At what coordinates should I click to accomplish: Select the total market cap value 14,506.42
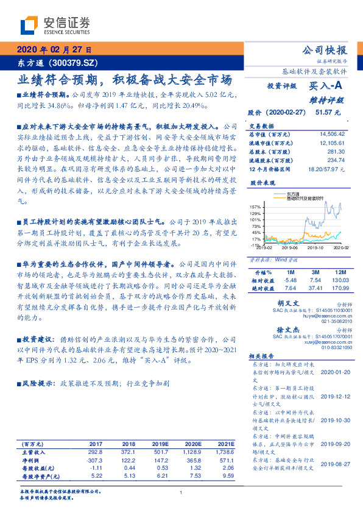tap(332, 133)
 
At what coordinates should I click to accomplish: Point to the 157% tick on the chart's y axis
tap(256, 207)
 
